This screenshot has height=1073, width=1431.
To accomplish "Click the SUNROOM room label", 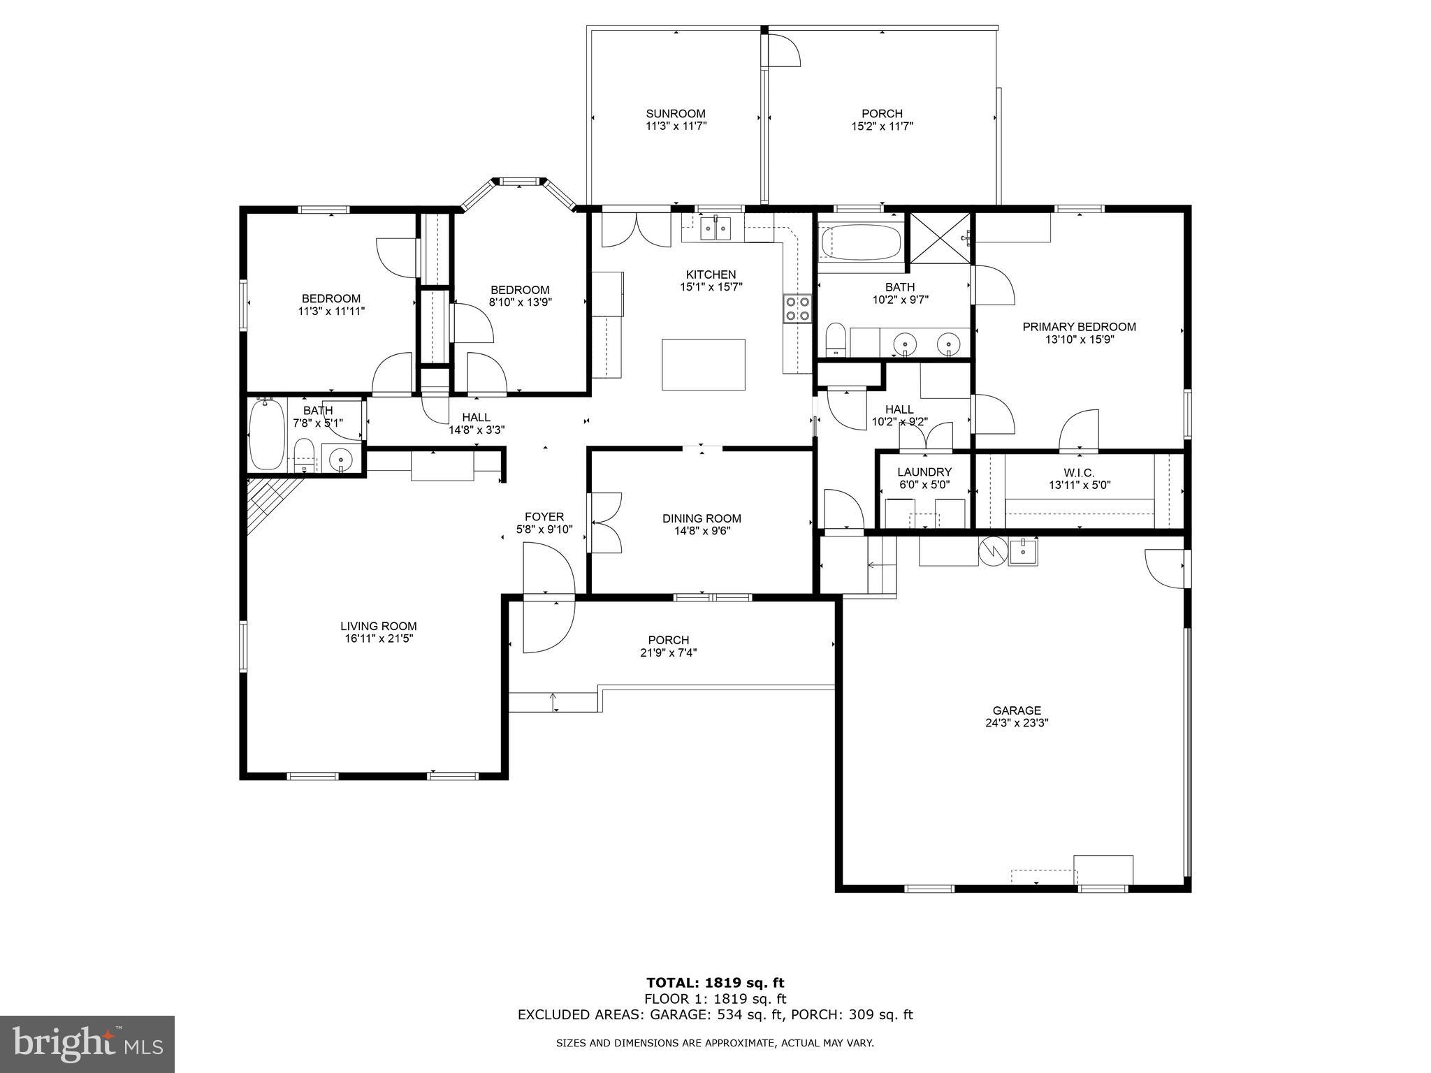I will pos(675,113).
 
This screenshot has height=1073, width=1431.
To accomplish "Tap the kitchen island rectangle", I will pos(703,364).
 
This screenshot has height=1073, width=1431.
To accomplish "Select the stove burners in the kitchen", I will pos(797,309).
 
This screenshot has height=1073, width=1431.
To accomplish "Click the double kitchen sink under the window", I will pos(713,228).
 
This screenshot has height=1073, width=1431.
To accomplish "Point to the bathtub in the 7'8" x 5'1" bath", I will pos(267,434).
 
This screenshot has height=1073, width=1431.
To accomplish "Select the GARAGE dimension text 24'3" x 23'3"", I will pos(1017,723).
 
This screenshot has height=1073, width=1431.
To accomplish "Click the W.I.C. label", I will pos(1079,473).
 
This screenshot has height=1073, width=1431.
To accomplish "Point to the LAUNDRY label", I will pos(924,472).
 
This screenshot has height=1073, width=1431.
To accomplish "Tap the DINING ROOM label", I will pos(702,518).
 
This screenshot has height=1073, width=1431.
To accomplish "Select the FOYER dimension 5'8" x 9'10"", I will pos(544,530).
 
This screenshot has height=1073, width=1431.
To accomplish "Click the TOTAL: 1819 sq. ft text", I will pos(715,984).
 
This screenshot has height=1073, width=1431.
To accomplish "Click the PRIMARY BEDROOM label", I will pos(1079,327).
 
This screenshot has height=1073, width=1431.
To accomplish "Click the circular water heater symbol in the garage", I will pos(991,550).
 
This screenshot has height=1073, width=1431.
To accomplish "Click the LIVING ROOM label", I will pos(378,627).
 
